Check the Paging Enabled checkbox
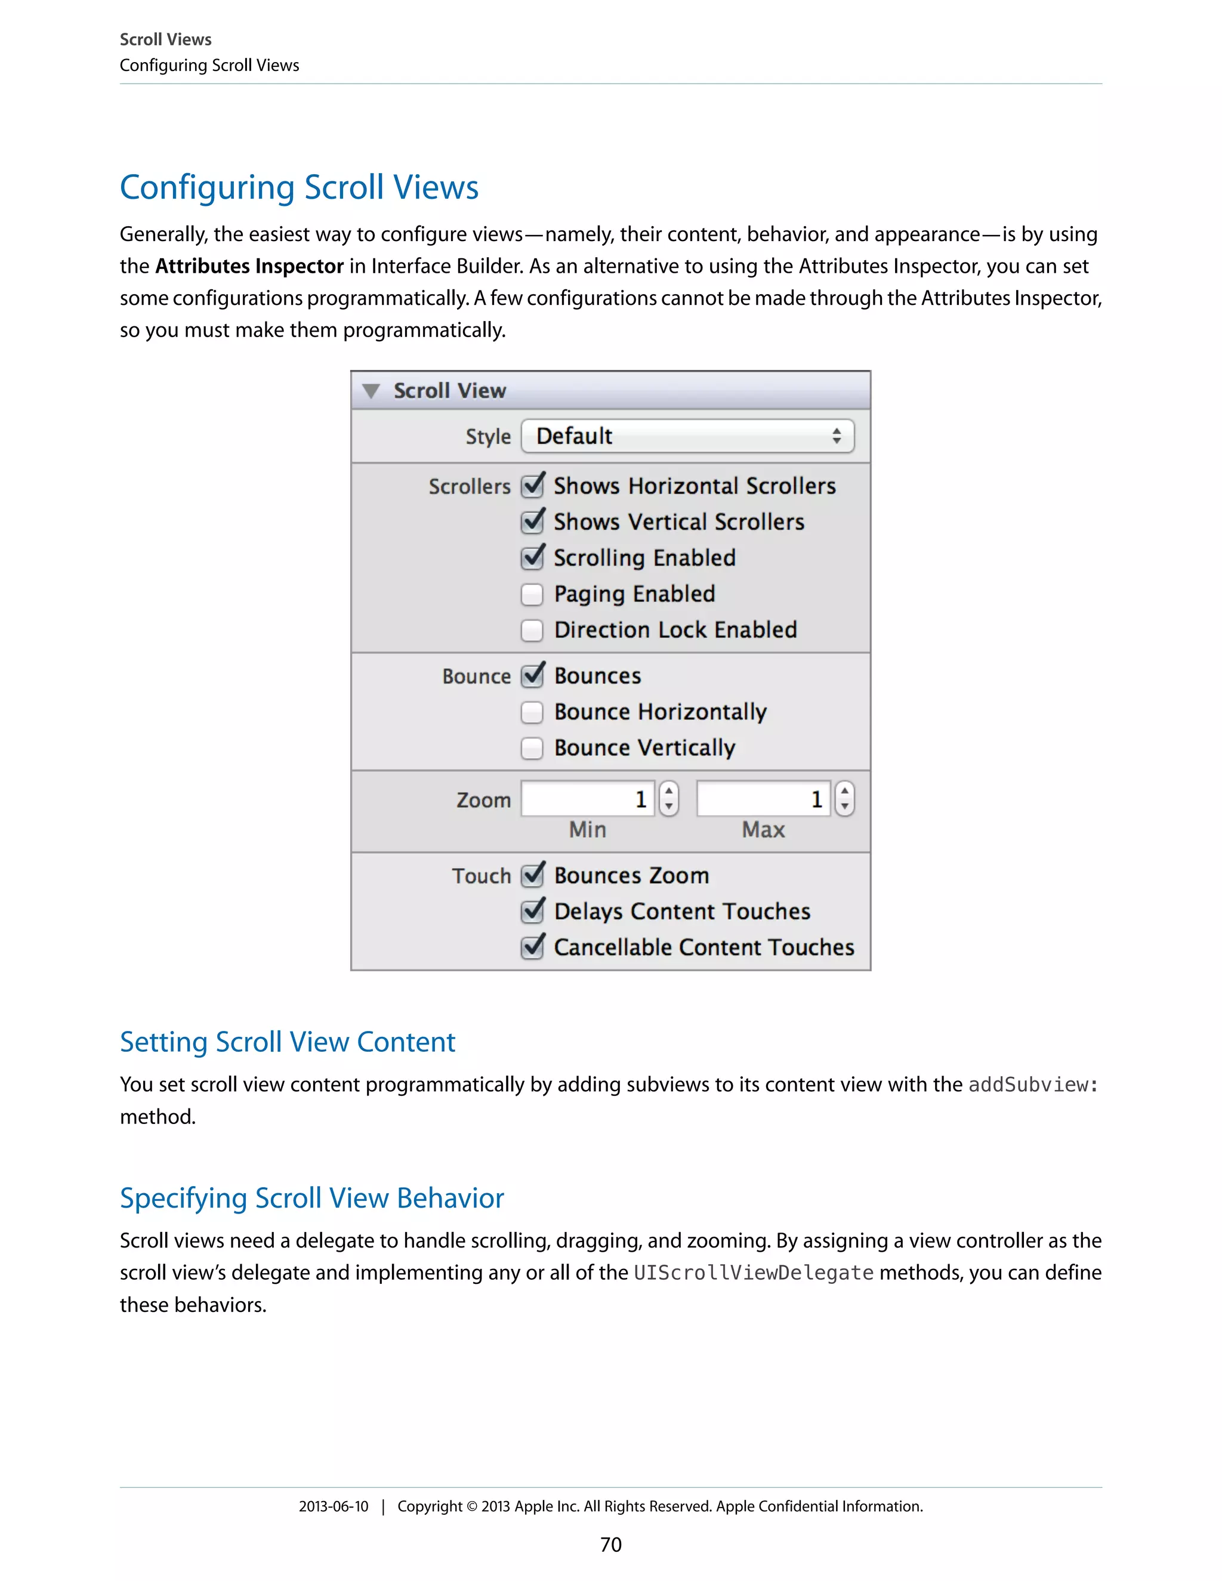pyautogui.click(x=532, y=594)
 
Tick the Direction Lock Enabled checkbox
pyautogui.click(x=532, y=631)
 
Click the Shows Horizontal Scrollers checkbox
pyautogui.click(x=532, y=486)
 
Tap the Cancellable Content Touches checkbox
pyautogui.click(x=532, y=947)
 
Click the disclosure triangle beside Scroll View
pyautogui.click(x=371, y=391)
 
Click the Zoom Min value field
pyautogui.click(x=587, y=799)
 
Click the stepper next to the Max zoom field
pyautogui.click(x=844, y=799)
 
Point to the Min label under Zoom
pyautogui.click(x=587, y=830)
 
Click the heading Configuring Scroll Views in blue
pyautogui.click(x=299, y=187)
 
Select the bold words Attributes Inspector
pyautogui.click(x=249, y=267)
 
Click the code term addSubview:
pyautogui.click(x=1033, y=1085)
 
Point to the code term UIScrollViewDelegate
pyautogui.click(x=754, y=1273)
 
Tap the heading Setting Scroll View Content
pyautogui.click(x=288, y=1042)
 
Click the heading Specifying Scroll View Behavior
pyautogui.click(x=311, y=1198)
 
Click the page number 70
pyautogui.click(x=610, y=1545)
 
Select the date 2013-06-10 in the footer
pyautogui.click(x=334, y=1506)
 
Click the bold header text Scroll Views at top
pyautogui.click(x=166, y=40)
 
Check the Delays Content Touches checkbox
pyautogui.click(x=532, y=912)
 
